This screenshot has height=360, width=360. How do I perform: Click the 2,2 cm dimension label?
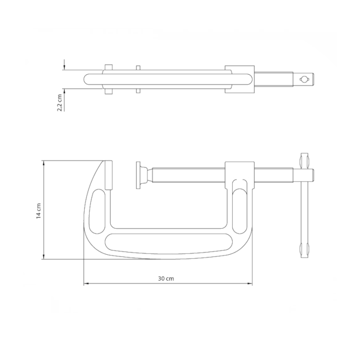pyautogui.click(x=60, y=103)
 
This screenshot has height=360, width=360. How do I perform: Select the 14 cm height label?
pyautogui.click(x=39, y=210)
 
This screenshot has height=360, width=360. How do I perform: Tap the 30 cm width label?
pyautogui.click(x=166, y=279)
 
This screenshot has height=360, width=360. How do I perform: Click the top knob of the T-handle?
pyautogui.click(x=303, y=161)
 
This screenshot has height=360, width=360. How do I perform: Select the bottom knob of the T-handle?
pyautogui.click(x=303, y=249)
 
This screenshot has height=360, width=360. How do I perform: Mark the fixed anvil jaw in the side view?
pyautogui.click(x=108, y=175)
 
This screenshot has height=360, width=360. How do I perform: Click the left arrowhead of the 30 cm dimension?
pyautogui.click(x=86, y=284)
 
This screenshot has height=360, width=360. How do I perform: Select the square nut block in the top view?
pyautogui.click(x=239, y=79)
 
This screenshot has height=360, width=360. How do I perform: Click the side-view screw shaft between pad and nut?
pyautogui.click(x=188, y=175)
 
